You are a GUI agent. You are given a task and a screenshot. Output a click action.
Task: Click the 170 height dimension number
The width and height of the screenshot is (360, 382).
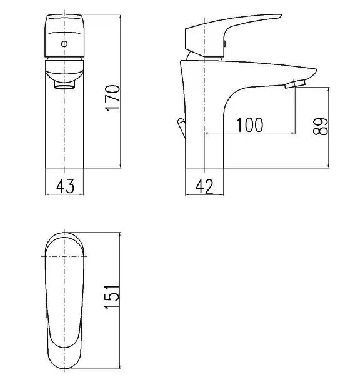[112, 98]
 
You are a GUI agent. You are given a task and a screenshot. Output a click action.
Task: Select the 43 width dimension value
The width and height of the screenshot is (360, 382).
[65, 186]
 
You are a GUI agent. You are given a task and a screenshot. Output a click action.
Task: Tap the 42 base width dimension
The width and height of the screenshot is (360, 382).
[204, 186]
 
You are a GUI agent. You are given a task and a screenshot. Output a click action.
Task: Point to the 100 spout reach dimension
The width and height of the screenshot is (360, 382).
[250, 125]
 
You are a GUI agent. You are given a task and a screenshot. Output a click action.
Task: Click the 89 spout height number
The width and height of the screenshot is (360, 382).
[321, 126]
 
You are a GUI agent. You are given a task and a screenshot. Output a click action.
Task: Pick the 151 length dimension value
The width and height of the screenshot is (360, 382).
[112, 296]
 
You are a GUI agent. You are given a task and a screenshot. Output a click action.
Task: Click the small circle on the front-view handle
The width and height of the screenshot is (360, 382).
[64, 44]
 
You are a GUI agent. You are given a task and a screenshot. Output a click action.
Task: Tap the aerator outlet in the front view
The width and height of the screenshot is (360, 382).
[64, 85]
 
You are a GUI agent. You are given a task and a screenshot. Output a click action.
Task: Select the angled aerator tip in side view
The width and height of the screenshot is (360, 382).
[295, 84]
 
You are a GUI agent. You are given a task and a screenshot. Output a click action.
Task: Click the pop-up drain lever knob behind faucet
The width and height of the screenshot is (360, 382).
[181, 121]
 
